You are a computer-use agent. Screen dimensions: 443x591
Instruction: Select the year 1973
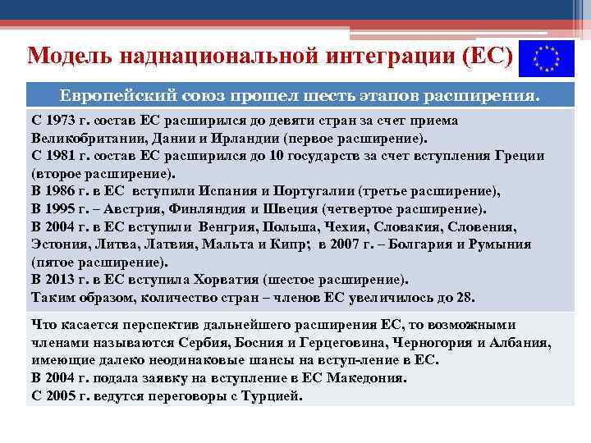63,121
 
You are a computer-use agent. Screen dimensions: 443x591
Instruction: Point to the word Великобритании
80,138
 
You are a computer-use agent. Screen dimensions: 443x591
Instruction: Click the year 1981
63,156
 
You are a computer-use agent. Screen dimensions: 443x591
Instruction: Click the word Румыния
502,244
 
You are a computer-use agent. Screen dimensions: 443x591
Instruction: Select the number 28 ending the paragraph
465,297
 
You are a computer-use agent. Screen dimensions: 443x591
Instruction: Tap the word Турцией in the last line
273,395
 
